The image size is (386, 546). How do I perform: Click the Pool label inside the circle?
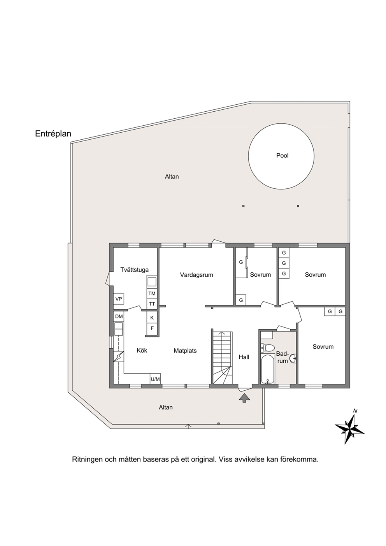282,156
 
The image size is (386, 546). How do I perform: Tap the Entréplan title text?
53,134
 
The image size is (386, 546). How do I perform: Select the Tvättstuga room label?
135,270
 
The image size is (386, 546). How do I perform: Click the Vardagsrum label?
197,275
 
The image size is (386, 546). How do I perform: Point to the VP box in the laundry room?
119,299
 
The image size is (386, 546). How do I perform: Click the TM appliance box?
152,294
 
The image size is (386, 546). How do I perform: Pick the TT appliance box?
152,304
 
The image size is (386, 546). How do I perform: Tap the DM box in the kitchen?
119,317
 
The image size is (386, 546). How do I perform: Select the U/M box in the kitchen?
155,379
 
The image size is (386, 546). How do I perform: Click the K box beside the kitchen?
152,318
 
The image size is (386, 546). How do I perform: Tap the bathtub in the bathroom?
268,369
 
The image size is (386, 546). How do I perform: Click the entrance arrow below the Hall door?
244,399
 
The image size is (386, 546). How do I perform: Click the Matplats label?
185,351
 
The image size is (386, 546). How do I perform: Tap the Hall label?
244,357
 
